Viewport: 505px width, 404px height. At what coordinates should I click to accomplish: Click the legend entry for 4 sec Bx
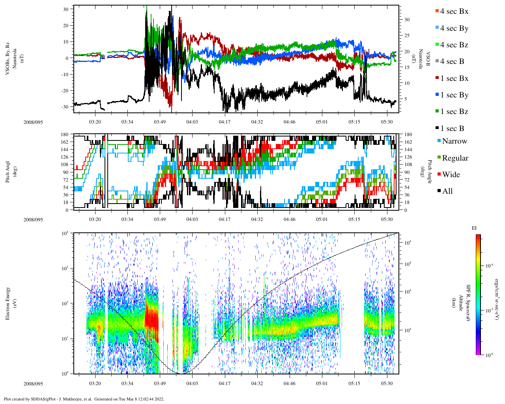tap(454, 11)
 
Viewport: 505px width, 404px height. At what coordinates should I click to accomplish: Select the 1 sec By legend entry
tap(454, 95)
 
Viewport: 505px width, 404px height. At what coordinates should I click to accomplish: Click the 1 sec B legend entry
tap(452, 129)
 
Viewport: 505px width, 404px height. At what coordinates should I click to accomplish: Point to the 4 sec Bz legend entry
tap(454, 45)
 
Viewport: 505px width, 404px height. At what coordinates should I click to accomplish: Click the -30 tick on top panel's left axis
tap(65, 107)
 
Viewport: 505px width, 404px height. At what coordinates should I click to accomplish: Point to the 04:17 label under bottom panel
tap(224, 383)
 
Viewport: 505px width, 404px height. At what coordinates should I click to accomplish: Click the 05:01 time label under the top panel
tap(322, 122)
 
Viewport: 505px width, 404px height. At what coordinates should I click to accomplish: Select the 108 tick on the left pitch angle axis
tap(64, 165)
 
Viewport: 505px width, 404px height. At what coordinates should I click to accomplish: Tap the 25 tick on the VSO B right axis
tap(406, 36)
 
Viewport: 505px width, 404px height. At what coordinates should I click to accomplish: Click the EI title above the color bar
tap(474, 228)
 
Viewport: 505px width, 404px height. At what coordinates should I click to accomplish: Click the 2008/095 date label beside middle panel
tap(33, 219)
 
